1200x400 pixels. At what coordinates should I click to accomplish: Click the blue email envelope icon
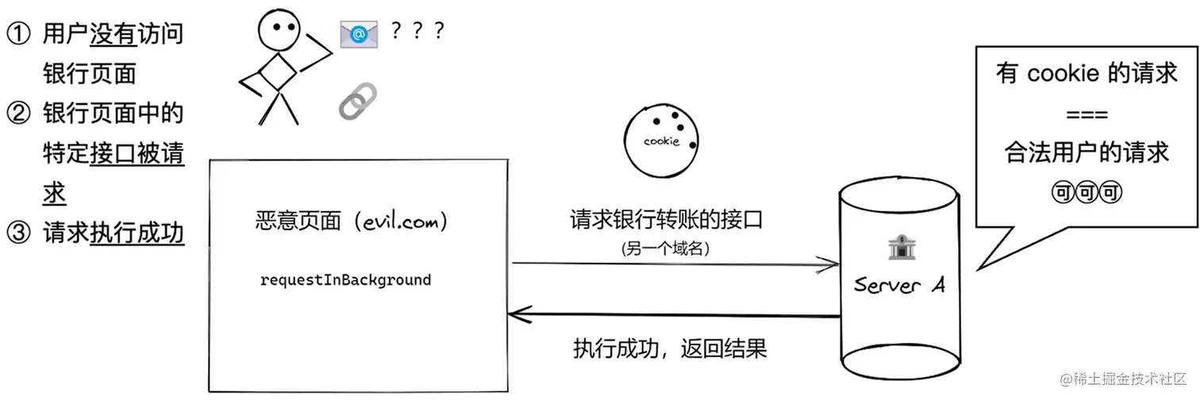click(359, 35)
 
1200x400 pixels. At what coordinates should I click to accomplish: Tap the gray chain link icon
click(358, 102)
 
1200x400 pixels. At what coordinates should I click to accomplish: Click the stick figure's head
click(279, 29)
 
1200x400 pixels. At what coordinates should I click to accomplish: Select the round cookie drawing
click(662, 140)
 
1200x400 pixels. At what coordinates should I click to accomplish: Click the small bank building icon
click(902, 248)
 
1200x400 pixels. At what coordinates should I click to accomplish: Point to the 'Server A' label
click(899, 284)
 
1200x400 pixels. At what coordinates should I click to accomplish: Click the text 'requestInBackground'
click(345, 280)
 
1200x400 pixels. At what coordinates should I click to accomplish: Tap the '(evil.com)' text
click(401, 221)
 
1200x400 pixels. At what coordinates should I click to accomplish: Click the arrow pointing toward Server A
click(675, 264)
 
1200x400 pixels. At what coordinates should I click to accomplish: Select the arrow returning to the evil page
click(674, 315)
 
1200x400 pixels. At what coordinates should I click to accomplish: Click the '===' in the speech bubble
click(1087, 114)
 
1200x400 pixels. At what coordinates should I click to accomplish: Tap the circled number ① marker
click(19, 34)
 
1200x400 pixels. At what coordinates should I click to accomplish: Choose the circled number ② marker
click(19, 113)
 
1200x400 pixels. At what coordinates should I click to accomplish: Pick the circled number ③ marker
click(19, 233)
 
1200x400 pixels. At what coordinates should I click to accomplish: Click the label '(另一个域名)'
click(665, 248)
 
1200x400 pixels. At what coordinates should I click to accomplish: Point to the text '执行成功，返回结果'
click(670, 349)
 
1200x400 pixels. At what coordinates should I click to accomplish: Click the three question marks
click(417, 30)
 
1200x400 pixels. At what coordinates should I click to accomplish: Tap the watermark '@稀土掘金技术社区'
click(1123, 379)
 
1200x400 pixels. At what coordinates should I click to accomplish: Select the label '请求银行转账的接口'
click(667, 220)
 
